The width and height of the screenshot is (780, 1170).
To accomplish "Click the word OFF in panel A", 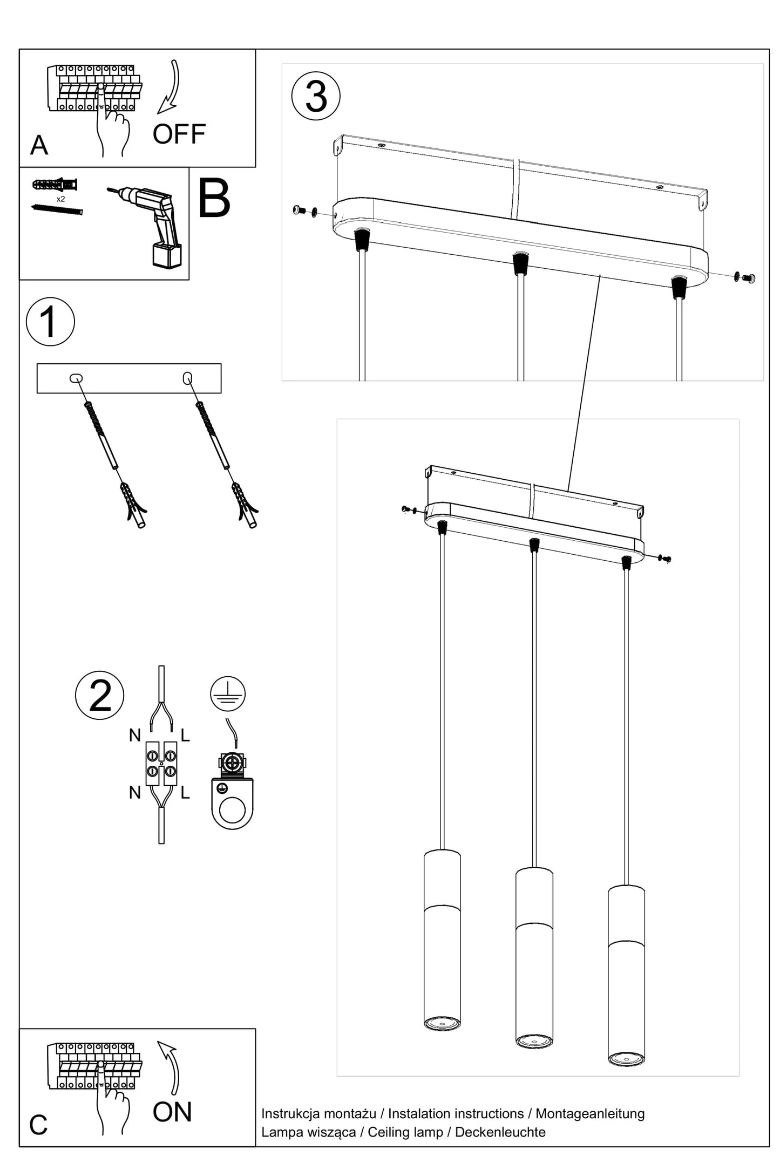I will pos(179,134).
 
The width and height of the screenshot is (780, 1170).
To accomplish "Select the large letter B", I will pos(214,199).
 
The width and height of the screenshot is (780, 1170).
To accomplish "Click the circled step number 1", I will pos(50,322).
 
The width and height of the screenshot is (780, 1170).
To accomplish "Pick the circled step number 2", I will pos(100,696).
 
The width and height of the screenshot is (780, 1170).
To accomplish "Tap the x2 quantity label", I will pos(60,199).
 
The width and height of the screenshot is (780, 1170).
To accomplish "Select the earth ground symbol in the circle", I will pos(228,693).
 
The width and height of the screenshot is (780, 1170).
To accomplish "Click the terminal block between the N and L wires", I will pos(161,763).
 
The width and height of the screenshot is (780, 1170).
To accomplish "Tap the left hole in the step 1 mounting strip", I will pos(76,378).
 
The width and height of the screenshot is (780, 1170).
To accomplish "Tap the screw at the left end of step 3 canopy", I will pos(299,210).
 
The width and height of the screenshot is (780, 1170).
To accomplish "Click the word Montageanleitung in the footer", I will pos(590,1113).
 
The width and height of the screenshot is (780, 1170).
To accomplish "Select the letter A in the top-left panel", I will pos(39,145).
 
